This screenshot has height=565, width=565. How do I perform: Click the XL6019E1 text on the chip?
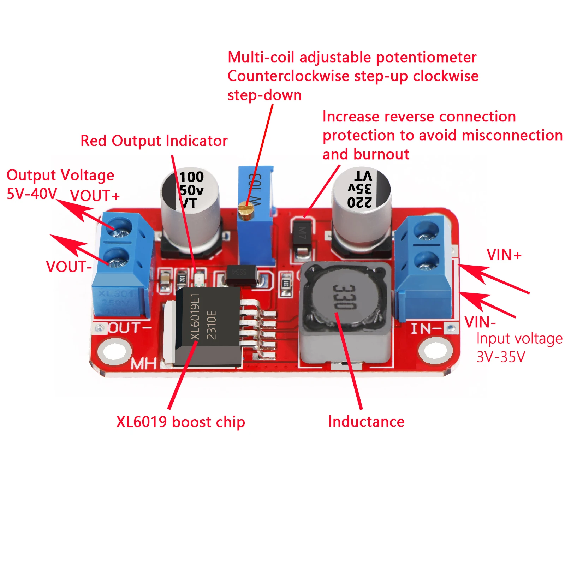click(195, 317)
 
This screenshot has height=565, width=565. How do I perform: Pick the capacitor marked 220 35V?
click(361, 205)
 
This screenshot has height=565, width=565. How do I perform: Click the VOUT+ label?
click(95, 196)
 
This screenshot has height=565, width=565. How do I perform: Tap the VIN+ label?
click(504, 255)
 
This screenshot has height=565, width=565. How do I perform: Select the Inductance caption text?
click(366, 422)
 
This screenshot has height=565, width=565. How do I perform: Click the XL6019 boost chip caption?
click(180, 422)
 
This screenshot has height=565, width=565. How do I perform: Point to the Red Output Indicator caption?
click(154, 141)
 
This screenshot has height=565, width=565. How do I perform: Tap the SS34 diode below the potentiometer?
click(241, 274)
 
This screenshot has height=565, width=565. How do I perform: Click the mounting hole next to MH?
click(114, 351)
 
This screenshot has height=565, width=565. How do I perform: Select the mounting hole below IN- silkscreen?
click(435, 351)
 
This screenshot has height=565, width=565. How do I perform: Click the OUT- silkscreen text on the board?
click(129, 328)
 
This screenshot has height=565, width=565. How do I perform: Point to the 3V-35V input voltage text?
click(501, 357)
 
